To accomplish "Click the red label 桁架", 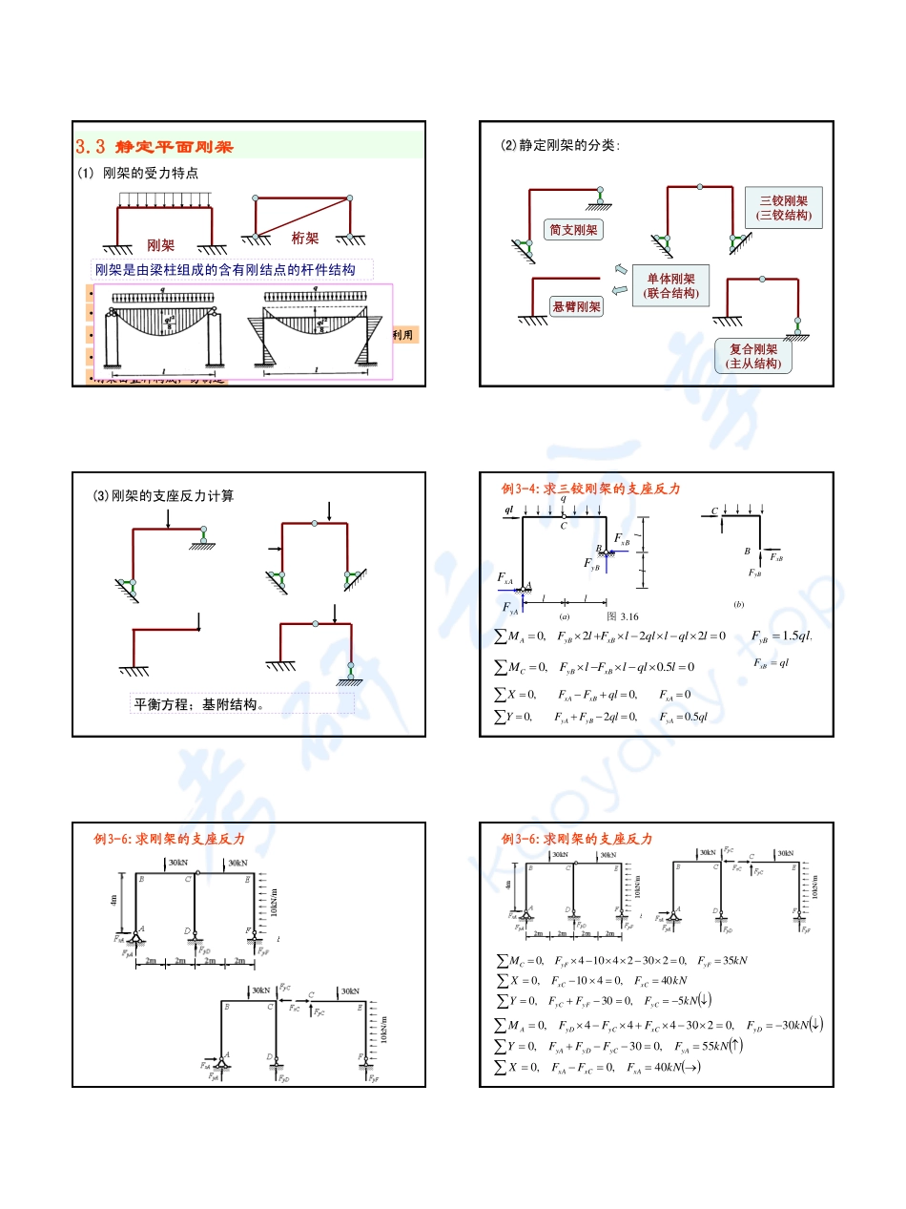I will pos(305,238).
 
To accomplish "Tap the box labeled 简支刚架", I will pos(573,230).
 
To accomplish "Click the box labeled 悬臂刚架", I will pos(576,306).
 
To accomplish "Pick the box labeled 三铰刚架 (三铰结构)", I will pos(783,208).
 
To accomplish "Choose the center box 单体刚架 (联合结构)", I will pos(670,285).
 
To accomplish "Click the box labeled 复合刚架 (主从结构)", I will pos(753,356).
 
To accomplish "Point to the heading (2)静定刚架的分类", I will pos(560,146).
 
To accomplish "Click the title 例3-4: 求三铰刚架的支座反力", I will pos(591,489).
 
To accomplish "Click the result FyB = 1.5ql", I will pos(780,636).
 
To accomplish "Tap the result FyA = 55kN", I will pos(703,1046).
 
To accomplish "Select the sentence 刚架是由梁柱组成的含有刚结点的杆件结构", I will pos(225,270).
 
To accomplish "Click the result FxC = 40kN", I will pos(660,980).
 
